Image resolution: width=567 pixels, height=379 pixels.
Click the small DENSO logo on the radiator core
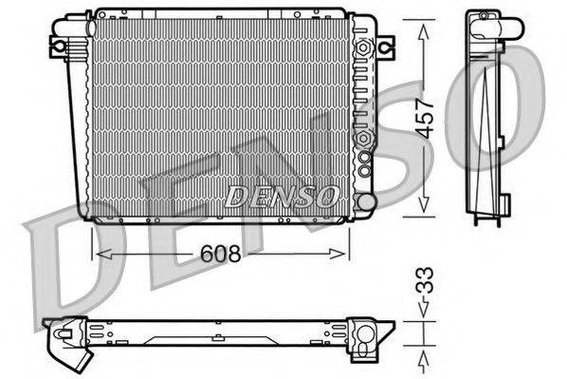pyautogui.click(x=281, y=197)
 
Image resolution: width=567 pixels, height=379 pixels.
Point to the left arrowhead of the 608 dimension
pyautogui.click(x=98, y=254)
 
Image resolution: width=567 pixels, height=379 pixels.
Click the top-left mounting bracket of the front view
pyautogui.click(x=59, y=44)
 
